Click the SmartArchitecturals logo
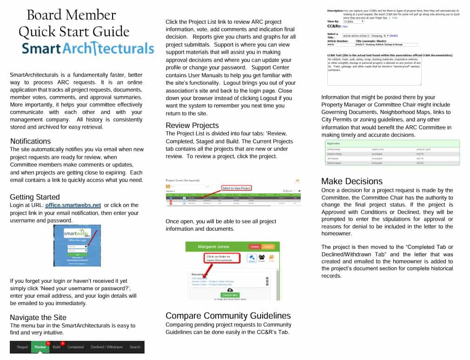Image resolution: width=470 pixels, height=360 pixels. pyautogui.click(x=88, y=48)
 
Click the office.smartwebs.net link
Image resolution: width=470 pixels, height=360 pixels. pyautogui.click(x=73, y=205)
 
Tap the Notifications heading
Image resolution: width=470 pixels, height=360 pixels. pyautogui.click(x=30, y=141)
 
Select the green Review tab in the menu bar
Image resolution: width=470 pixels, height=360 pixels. pyautogui.click(x=40, y=347)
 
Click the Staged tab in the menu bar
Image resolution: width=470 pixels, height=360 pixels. pyautogui.click(x=22, y=347)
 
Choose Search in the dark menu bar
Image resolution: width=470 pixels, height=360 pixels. pyautogui.click(x=135, y=347)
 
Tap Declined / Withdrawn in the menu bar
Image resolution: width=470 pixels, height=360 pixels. pyautogui.click(x=106, y=347)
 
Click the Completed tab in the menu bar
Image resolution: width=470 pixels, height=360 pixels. pyautogui.click(x=75, y=347)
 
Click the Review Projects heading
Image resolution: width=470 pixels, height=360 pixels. pyautogui.click(x=192, y=125)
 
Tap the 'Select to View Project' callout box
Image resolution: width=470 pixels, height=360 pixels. pyautogui.click(x=236, y=188)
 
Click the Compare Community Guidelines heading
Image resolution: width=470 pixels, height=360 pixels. pyautogui.click(x=228, y=316)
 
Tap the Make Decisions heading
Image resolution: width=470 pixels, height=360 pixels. pyautogui.click(x=352, y=181)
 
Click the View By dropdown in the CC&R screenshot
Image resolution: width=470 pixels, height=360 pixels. pyautogui.click(x=354, y=21)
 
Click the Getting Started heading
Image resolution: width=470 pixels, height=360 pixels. pyautogui.click(x=35, y=197)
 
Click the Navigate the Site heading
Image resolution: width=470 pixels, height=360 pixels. pyautogui.click(x=38, y=317)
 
